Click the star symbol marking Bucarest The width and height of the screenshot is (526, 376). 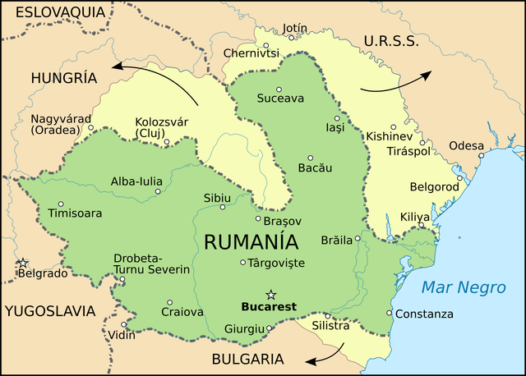270,295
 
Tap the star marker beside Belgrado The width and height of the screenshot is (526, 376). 23,263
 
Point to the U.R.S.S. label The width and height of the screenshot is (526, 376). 391,41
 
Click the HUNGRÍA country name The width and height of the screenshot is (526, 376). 63,78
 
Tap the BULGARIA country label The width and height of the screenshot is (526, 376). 247,359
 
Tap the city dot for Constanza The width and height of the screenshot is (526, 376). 390,313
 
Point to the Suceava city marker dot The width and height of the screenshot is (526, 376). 279,89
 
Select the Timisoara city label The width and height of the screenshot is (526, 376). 75,213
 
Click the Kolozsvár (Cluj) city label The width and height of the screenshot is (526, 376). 161,127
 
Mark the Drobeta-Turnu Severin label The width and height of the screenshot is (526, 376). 152,264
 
